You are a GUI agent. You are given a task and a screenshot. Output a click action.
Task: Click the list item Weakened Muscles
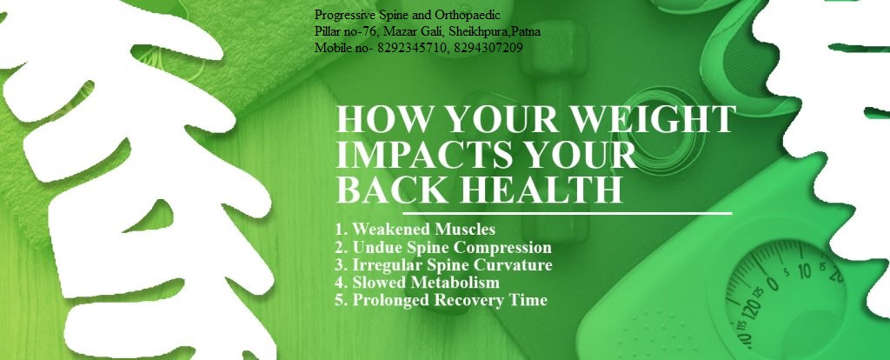(x=415, y=230)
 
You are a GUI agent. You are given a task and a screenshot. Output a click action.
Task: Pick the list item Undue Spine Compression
(x=443, y=248)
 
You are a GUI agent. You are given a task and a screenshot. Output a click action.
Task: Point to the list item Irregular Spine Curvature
(x=443, y=265)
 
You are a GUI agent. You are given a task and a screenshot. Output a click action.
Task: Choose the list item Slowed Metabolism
(x=417, y=283)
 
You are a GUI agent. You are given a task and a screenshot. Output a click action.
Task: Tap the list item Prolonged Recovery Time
(x=441, y=300)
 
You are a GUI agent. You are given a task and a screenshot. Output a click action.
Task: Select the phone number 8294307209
(x=488, y=48)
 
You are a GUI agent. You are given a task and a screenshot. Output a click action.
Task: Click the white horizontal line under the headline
(x=567, y=214)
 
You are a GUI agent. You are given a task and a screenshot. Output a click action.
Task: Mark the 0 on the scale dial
(x=772, y=282)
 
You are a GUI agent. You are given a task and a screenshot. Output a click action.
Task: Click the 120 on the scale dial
(x=753, y=311)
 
